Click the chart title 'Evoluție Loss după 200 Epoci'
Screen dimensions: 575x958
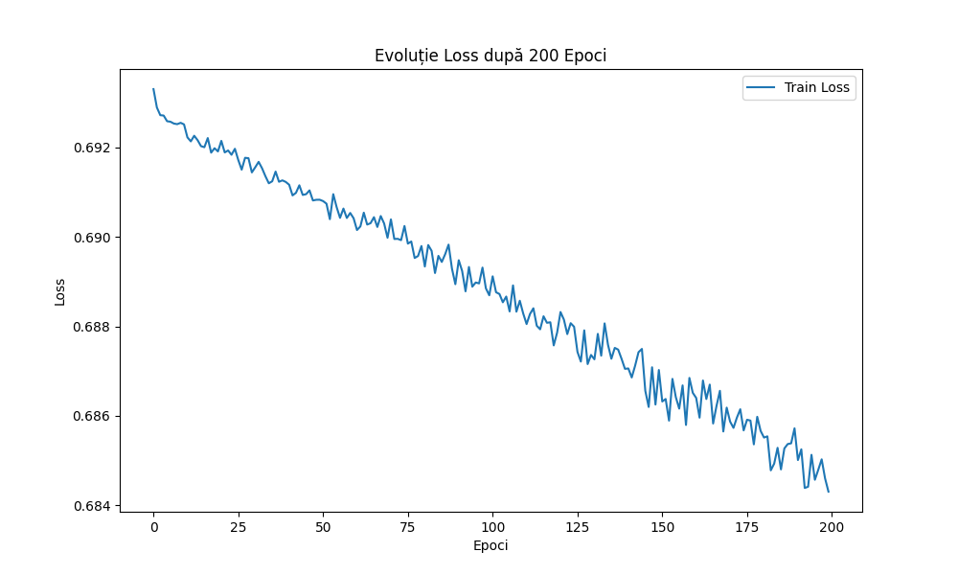490,56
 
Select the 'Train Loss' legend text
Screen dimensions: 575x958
817,88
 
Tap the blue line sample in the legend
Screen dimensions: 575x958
763,88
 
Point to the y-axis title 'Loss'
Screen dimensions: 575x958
60,291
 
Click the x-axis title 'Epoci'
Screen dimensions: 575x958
490,545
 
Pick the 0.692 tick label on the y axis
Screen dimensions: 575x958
93,148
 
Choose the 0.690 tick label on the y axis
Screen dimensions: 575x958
93,238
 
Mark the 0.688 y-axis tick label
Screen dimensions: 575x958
93,327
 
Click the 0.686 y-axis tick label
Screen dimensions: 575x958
93,416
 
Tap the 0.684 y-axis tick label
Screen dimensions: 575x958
93,506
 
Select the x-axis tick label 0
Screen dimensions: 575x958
153,527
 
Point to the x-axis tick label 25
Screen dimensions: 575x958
238,527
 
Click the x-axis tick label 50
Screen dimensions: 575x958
323,527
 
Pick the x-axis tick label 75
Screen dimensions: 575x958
407,527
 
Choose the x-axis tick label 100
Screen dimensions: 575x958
492,527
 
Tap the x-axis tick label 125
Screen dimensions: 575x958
577,527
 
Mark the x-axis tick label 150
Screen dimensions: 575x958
662,527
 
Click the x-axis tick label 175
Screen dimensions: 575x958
746,527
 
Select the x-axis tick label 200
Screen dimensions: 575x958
832,527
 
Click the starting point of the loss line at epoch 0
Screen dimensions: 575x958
153,89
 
